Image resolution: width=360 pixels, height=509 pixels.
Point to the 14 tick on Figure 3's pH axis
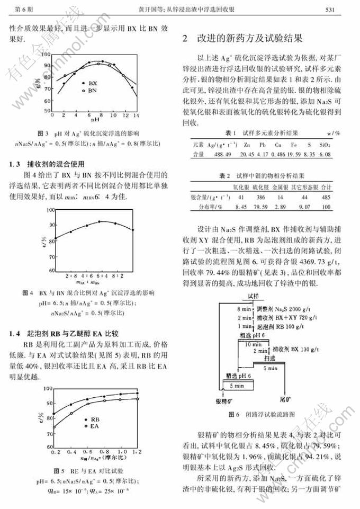136,115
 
